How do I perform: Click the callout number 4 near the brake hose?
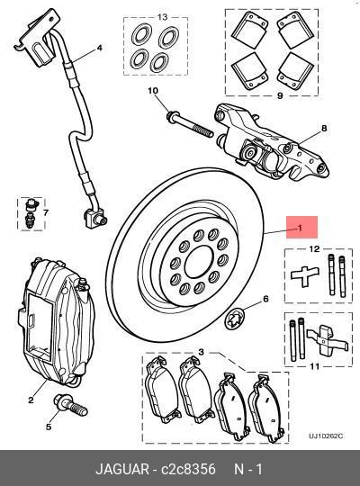coord(99,48)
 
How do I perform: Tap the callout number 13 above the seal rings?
coord(163,17)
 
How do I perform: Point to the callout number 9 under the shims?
coord(280,95)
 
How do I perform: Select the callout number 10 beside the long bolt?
coord(153,92)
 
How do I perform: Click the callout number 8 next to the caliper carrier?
coord(325,128)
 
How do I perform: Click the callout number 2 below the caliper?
coord(30,400)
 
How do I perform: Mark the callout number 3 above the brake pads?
coord(200,352)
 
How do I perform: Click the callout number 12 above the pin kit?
coord(314,248)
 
